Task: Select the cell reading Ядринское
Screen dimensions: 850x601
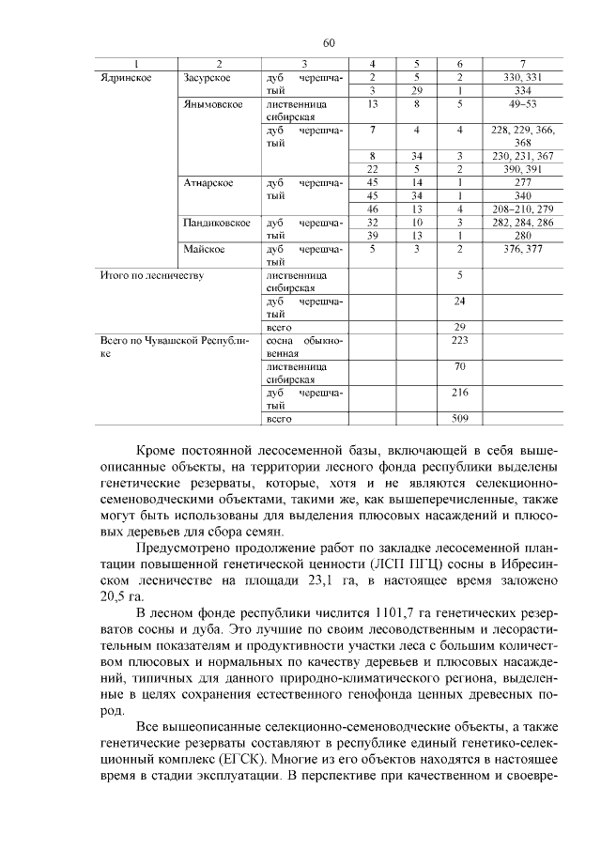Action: [x=126, y=77]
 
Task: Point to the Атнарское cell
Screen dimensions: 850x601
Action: [x=209, y=182]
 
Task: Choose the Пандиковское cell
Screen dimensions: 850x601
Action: [x=217, y=223]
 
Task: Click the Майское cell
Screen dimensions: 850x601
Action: [x=204, y=249]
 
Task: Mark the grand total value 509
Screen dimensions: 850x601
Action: [x=460, y=419]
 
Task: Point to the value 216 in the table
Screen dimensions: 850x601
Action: [x=460, y=393]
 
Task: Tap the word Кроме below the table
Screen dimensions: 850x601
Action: [x=157, y=451]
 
